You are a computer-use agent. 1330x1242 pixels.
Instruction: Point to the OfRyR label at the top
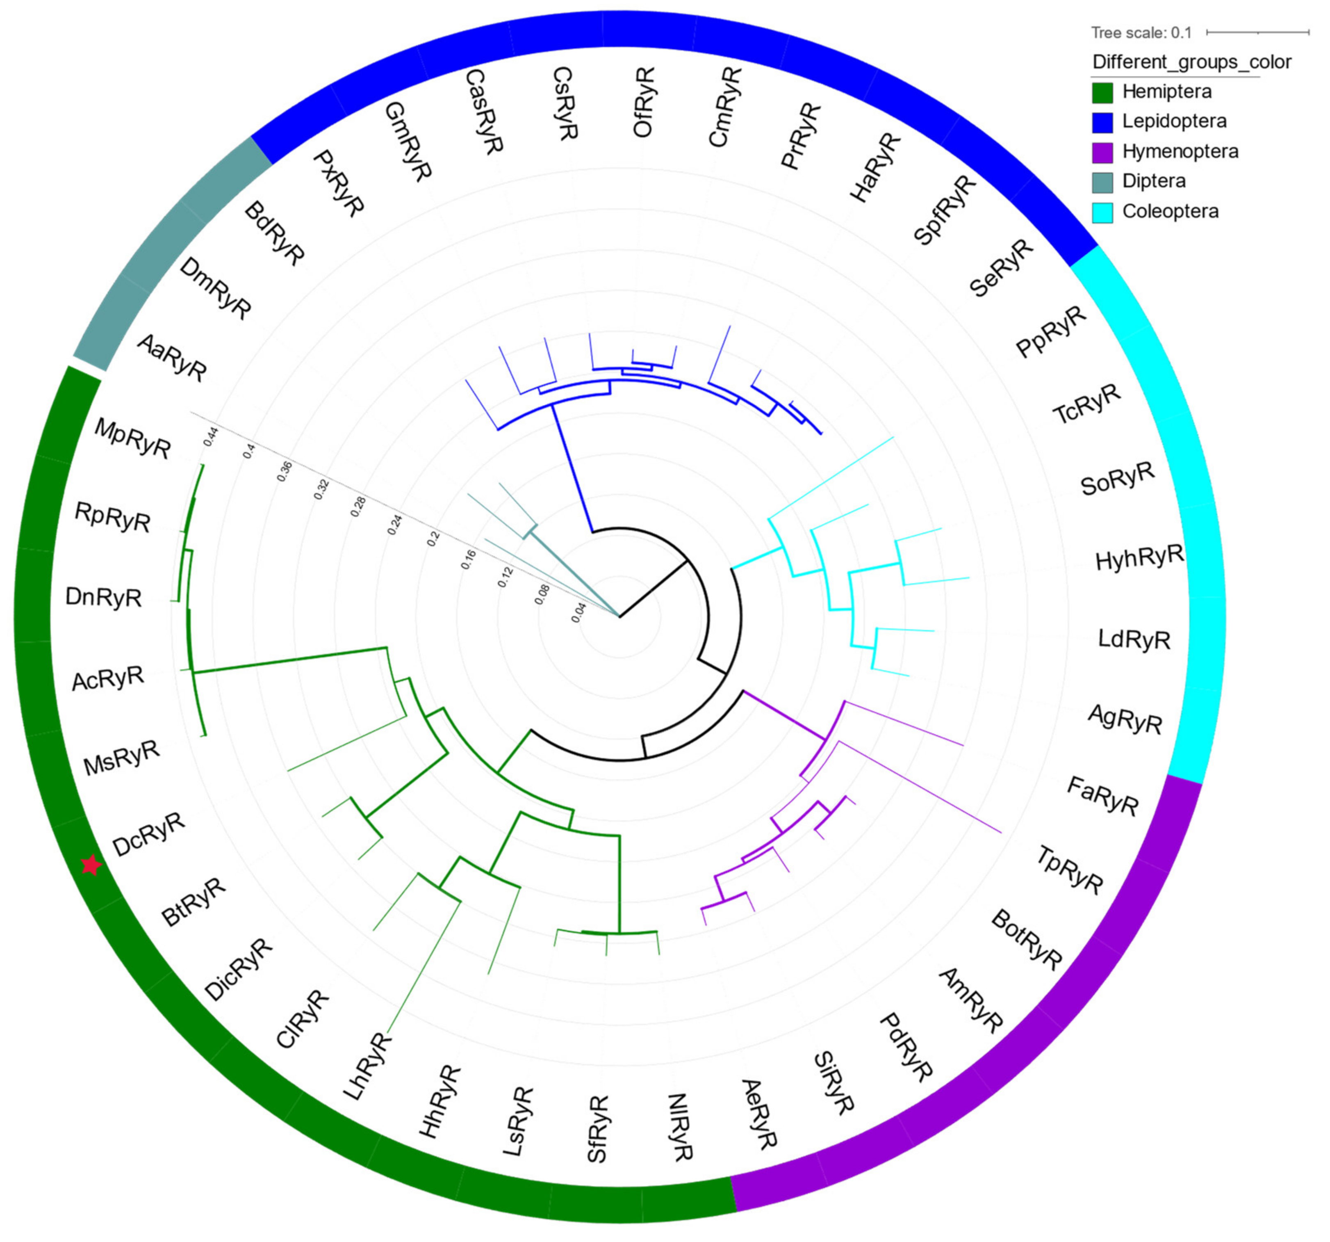click(644, 103)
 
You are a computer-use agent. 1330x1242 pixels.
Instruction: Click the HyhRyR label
click(1139, 557)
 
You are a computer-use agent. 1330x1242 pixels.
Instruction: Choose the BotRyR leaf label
click(1026, 940)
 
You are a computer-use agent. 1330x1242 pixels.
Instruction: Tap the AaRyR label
click(172, 358)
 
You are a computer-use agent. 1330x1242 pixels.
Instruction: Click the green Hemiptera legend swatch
click(1102, 92)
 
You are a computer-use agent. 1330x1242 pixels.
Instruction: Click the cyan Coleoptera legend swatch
click(1102, 212)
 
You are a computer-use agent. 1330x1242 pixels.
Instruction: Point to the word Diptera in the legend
click(1154, 181)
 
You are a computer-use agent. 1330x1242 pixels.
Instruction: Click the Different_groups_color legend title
click(1191, 62)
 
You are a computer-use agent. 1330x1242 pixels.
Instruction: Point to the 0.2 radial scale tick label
click(433, 539)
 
